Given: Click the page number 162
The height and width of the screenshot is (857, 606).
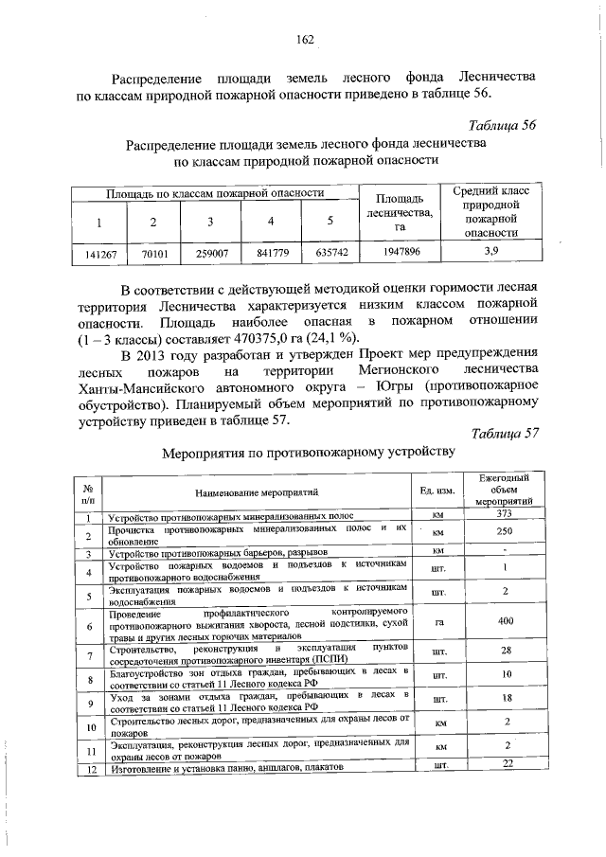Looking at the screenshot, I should click(305, 39).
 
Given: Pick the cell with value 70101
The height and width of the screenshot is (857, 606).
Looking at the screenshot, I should click(153, 253).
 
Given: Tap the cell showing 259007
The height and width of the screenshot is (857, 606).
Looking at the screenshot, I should click(211, 253).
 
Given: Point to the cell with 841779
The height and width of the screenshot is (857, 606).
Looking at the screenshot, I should click(272, 253).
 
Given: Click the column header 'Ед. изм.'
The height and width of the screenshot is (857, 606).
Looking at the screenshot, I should click(437, 491).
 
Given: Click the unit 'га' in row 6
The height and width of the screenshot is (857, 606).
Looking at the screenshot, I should click(437, 625).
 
